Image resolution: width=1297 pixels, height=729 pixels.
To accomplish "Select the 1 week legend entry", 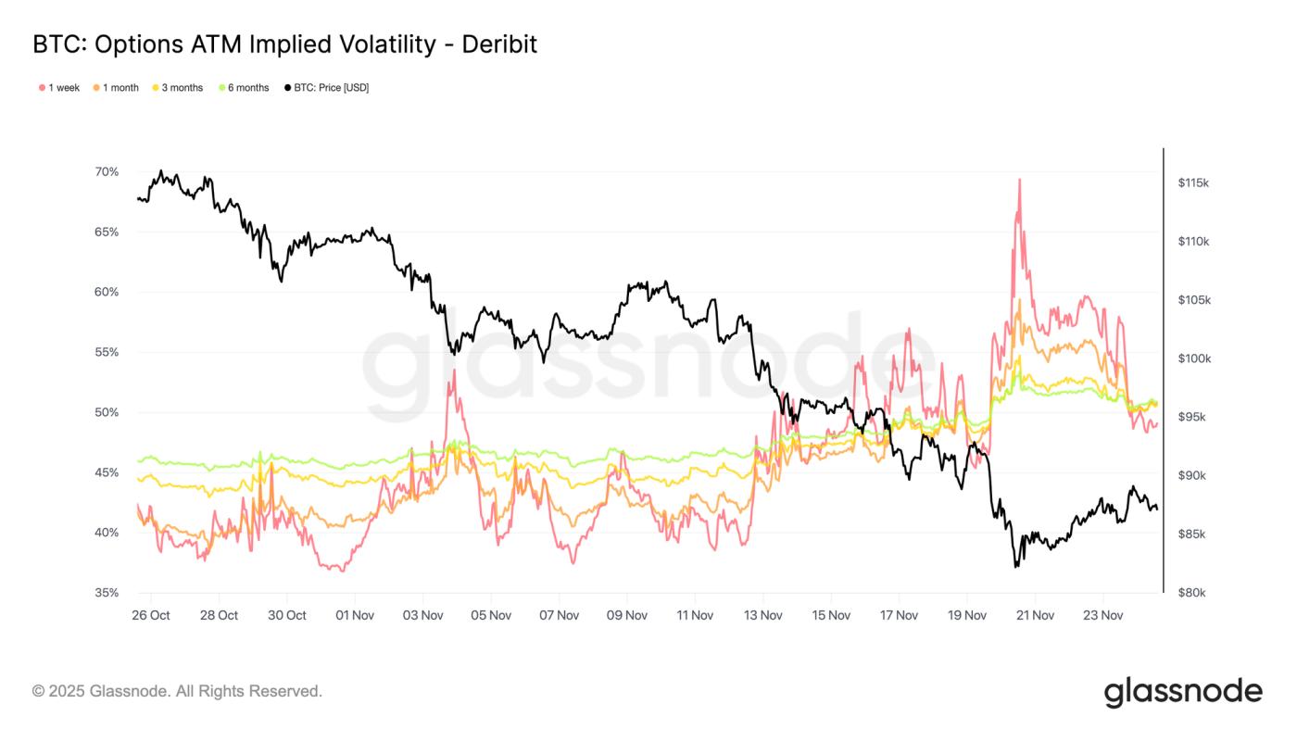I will click(x=59, y=88).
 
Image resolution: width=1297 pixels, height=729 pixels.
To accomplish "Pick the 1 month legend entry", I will click(x=116, y=88).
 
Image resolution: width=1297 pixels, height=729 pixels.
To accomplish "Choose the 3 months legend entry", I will click(x=177, y=88).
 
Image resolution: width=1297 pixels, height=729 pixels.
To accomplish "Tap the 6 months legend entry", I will click(x=244, y=88).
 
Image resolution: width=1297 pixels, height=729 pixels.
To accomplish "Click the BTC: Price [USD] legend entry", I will click(x=326, y=88).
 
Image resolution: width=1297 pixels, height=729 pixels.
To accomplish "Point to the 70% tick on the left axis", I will click(x=107, y=172).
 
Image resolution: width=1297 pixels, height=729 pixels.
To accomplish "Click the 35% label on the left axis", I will click(x=107, y=593).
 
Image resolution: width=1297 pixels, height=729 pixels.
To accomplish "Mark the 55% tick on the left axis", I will click(x=107, y=353).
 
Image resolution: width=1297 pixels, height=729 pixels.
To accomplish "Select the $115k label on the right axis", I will click(x=1193, y=183).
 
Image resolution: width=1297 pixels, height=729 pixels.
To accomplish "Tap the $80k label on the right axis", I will click(x=1193, y=593).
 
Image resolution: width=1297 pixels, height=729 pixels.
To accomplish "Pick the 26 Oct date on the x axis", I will click(x=151, y=615).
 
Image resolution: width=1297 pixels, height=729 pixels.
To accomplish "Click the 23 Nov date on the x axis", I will click(x=1102, y=615).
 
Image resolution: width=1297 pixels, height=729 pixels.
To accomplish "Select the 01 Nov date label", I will click(x=355, y=615).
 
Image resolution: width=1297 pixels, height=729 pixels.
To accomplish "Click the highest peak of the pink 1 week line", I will click(x=1019, y=180).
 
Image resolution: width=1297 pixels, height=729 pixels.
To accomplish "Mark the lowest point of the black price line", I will click(x=1016, y=566).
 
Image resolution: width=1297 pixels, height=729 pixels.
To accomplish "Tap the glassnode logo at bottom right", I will click(x=1183, y=692).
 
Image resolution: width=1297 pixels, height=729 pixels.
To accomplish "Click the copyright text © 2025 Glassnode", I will click(x=177, y=691).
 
